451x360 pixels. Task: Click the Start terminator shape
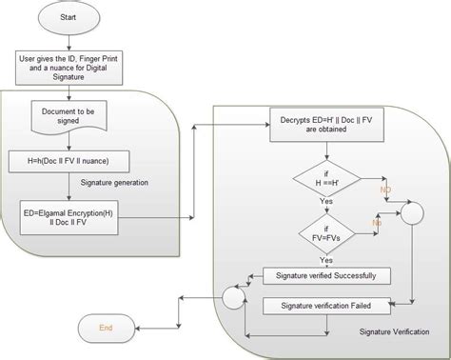click(x=69, y=19)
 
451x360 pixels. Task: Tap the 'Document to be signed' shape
click(x=69, y=116)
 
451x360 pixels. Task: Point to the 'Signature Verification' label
click(x=391, y=331)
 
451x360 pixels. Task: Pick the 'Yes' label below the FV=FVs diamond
click(x=326, y=259)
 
